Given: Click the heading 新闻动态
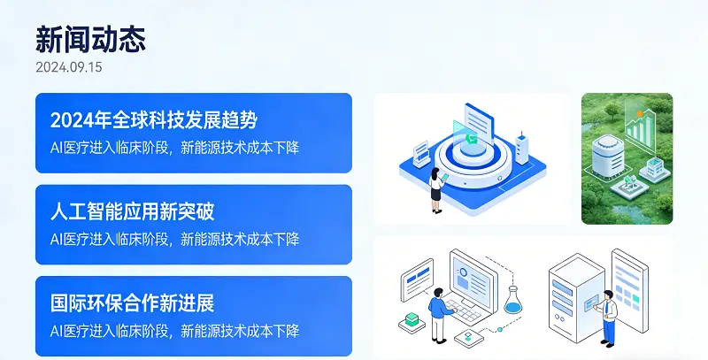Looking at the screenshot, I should pos(90,39).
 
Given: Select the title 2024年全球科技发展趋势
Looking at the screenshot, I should pos(154,120).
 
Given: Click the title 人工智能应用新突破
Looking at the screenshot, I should pos(133,211).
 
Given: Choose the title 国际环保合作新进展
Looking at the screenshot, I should pos(133,303).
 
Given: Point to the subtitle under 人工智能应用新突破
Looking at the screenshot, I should pos(174,239).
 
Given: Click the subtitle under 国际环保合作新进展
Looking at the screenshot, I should pos(174,331).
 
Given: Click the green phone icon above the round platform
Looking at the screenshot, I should pos(473,139).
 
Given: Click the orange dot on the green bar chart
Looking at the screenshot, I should pos(639,114).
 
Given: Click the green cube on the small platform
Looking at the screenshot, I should pos(410,318).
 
